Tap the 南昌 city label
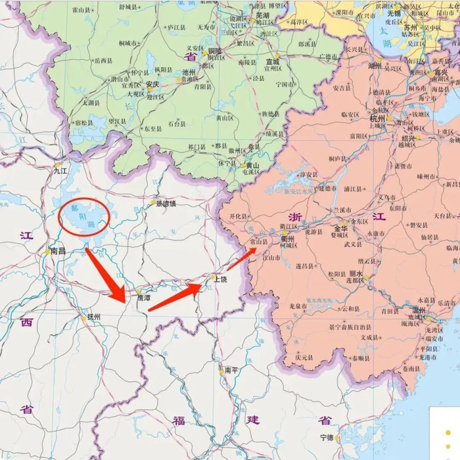(x=58, y=250)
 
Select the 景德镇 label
(x=166, y=204)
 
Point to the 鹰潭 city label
(x=143, y=298)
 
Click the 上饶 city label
(x=219, y=279)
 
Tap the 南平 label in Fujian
(x=231, y=371)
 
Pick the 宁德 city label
(x=327, y=437)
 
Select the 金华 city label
(x=340, y=223)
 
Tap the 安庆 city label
(x=152, y=84)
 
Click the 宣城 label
(x=272, y=62)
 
